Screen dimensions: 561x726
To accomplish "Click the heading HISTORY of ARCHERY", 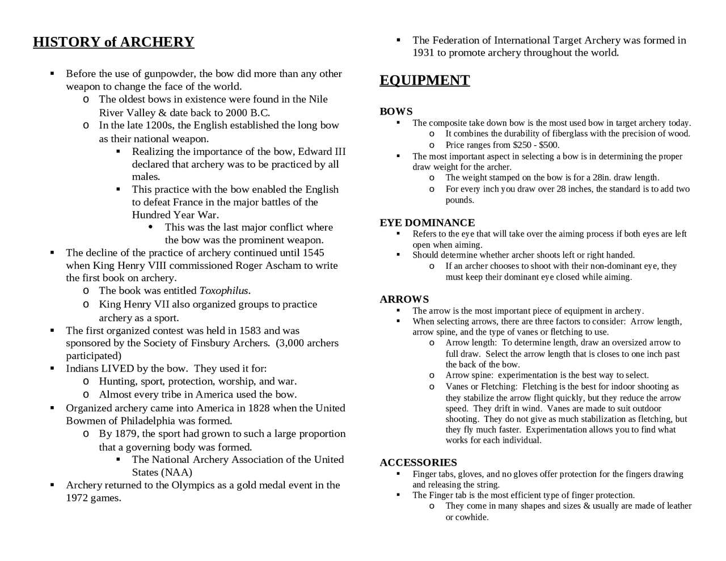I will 113,43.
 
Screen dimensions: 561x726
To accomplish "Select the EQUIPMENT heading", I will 424,81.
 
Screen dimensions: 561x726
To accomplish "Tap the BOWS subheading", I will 396,112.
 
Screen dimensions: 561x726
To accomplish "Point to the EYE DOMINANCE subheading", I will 427,223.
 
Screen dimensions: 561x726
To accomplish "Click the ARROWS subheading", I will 404,300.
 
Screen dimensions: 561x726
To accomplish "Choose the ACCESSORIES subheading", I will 418,463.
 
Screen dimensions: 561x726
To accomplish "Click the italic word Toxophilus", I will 223,291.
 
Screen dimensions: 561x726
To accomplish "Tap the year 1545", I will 313,253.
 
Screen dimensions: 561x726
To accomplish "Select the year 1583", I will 250,331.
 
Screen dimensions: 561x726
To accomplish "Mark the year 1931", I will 423,53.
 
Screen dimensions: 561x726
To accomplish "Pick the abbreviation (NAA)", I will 176,473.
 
